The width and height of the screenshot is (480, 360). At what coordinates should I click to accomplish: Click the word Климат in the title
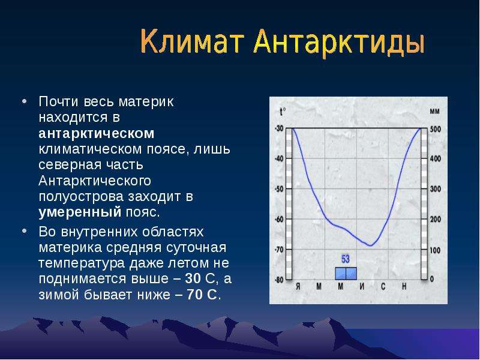click(x=192, y=41)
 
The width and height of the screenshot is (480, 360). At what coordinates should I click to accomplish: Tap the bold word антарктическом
click(x=97, y=133)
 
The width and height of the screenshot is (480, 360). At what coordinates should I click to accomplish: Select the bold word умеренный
click(x=80, y=212)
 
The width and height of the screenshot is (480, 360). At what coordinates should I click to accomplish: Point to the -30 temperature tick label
click(x=279, y=128)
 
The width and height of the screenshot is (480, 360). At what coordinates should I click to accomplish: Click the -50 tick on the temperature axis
click(x=279, y=189)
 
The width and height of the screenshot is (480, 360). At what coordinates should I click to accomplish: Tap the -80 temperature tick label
click(x=279, y=280)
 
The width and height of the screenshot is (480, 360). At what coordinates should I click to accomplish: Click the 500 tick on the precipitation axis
click(x=436, y=129)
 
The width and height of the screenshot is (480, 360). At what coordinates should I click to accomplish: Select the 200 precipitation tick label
click(x=436, y=219)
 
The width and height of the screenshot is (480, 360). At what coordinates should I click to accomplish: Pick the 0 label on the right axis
click(x=432, y=279)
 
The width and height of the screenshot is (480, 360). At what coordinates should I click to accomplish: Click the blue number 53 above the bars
click(x=346, y=259)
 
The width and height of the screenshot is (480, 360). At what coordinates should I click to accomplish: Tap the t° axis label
click(x=283, y=111)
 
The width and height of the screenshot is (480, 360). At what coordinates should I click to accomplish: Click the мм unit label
click(x=434, y=112)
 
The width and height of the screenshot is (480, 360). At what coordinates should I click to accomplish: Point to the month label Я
click(x=298, y=287)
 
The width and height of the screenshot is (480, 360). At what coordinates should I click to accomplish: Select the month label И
click(x=362, y=287)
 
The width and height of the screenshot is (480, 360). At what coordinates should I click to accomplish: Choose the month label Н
click(x=404, y=287)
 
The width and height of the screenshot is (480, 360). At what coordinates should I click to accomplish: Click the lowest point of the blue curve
click(x=371, y=245)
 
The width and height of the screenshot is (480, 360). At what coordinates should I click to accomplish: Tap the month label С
click(x=383, y=287)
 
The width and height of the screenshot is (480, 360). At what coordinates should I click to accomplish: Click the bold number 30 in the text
click(x=193, y=278)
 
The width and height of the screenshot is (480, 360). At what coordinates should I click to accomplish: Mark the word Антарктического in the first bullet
click(x=95, y=181)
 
